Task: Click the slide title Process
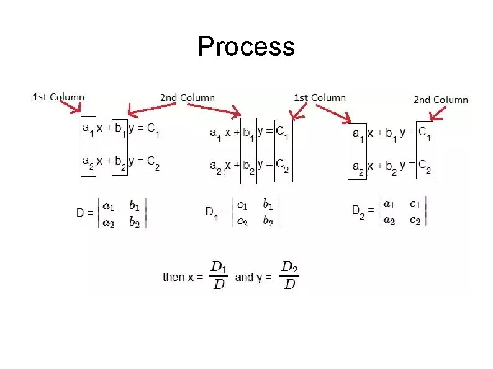click(x=246, y=47)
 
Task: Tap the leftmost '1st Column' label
click(x=58, y=97)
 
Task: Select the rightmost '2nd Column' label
click(x=441, y=100)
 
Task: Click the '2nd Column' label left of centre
click(x=188, y=97)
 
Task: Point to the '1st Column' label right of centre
click(x=319, y=97)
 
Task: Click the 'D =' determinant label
click(x=84, y=213)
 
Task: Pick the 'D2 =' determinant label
click(x=363, y=211)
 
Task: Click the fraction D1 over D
click(x=219, y=275)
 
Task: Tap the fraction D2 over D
click(x=289, y=275)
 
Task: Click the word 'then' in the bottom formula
click(x=173, y=277)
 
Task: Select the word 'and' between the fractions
click(x=244, y=277)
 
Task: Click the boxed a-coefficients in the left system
click(x=89, y=146)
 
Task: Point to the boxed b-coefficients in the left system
click(x=119, y=146)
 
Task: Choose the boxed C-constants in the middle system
click(x=283, y=149)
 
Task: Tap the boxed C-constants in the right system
click(x=424, y=149)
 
